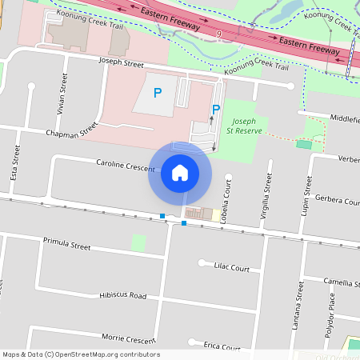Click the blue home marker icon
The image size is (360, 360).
[x=179, y=173]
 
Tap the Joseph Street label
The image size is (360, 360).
[x=121, y=62]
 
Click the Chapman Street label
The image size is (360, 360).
[x=71, y=130]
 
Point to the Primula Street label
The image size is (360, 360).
[x=68, y=242]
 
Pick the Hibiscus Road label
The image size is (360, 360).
[x=122, y=295]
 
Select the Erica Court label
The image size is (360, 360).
[x=222, y=346]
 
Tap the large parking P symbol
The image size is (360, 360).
[x=157, y=93]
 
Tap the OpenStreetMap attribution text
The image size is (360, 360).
[x=80, y=354]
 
